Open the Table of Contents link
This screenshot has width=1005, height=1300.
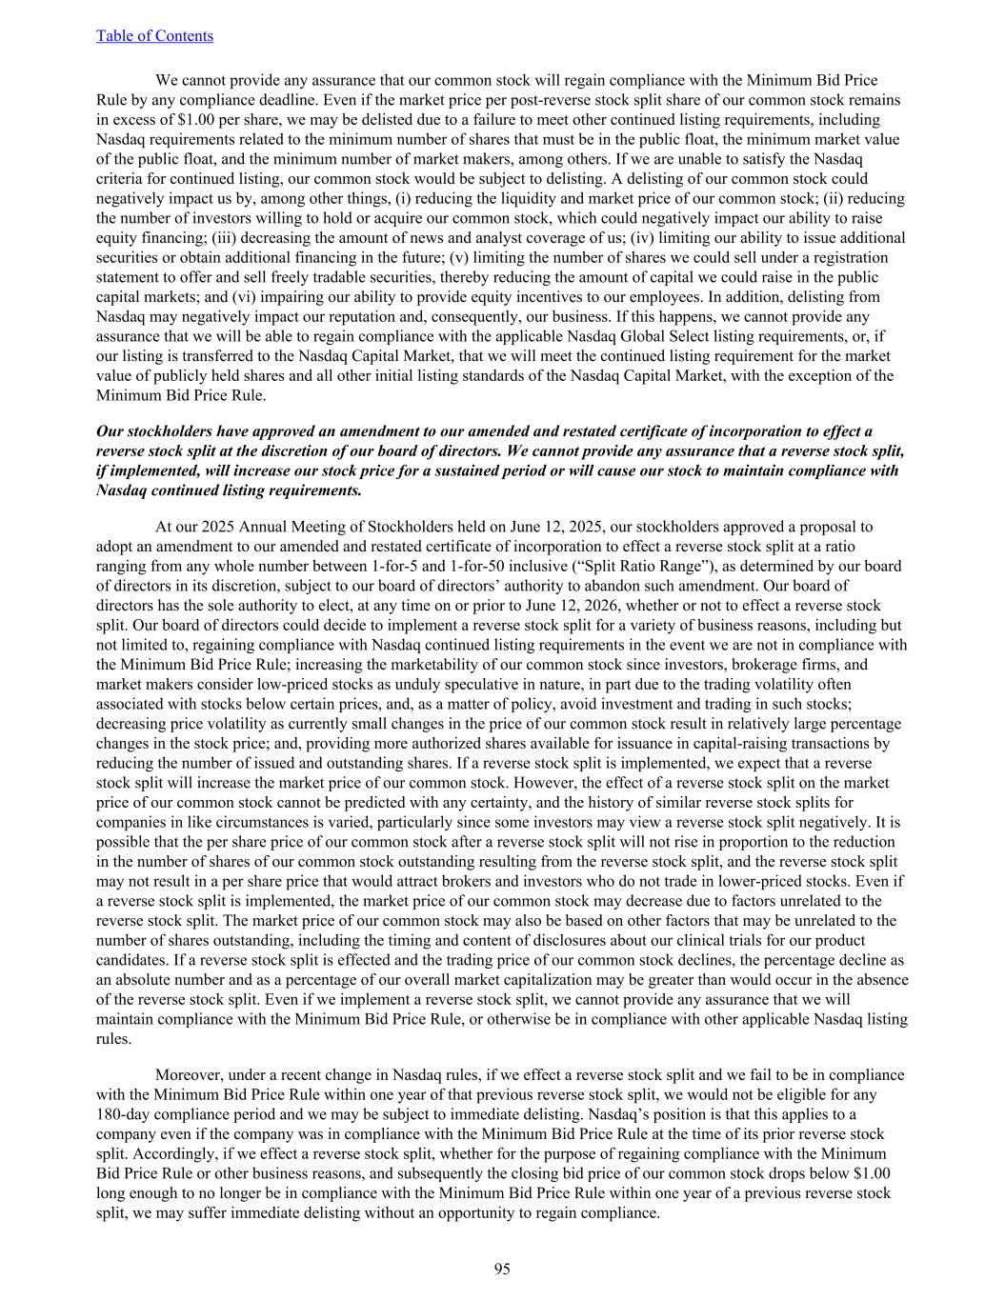point(154,36)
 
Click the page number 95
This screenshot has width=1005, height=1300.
point(502,1269)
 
